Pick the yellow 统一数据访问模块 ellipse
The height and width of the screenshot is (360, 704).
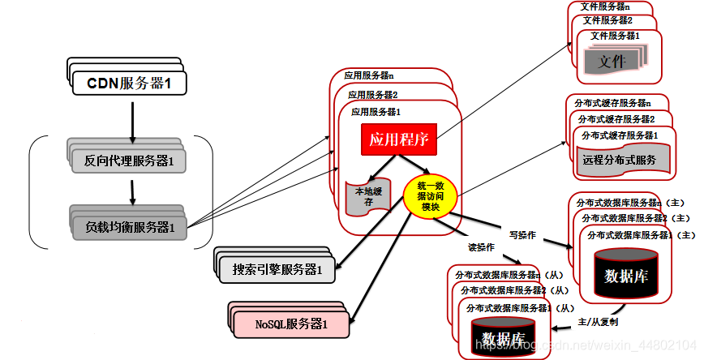point(430,195)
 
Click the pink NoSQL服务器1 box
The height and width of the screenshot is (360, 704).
point(291,324)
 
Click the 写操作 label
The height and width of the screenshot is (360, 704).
point(522,235)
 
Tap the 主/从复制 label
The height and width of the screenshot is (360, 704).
point(598,322)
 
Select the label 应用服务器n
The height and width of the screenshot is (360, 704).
point(369,75)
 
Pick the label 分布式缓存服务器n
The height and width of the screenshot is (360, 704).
point(612,103)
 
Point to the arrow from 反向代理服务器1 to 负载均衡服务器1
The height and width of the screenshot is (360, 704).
point(130,191)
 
